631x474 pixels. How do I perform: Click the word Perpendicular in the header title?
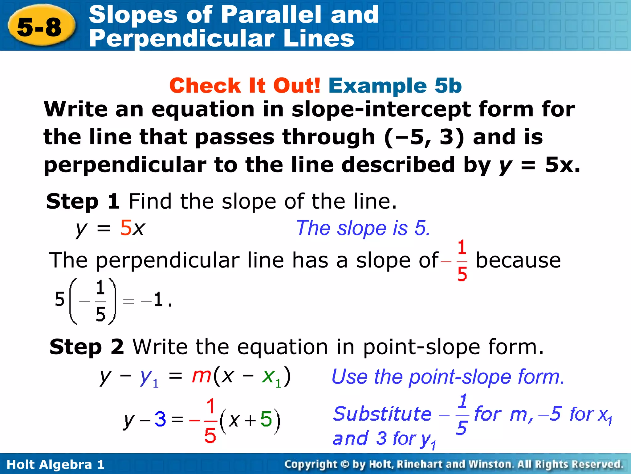coord(182,39)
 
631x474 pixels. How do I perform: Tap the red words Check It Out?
coord(245,85)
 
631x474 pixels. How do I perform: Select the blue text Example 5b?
coord(395,85)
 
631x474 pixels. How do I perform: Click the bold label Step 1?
coord(83,201)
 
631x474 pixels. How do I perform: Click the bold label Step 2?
coord(87,347)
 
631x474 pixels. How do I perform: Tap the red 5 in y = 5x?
coord(126,228)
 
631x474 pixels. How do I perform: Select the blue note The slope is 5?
coord(363,228)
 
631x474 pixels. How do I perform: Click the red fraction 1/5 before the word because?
coord(462,261)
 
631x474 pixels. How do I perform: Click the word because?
coord(518,260)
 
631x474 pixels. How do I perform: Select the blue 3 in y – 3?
coord(160,419)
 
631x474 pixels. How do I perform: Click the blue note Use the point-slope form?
coord(448,377)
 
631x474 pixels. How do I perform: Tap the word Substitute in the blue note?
coord(382,414)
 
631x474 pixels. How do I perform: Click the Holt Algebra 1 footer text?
coord(55,464)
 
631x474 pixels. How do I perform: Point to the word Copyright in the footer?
coord(311,464)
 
